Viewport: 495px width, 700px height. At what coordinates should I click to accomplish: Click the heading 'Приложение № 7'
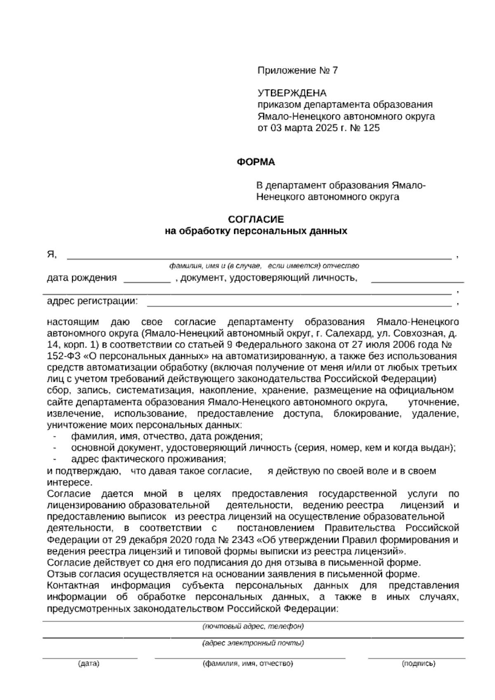click(297, 71)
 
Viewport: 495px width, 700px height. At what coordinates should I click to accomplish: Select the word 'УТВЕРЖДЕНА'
click(292, 93)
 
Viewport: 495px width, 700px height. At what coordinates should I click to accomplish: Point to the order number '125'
click(372, 128)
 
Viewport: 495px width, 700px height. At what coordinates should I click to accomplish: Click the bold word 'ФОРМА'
click(256, 162)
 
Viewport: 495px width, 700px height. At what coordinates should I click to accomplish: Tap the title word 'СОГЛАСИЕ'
click(256, 219)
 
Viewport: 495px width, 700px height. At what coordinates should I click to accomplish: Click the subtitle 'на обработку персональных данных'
click(256, 231)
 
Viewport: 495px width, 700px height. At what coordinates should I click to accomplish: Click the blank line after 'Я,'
click(259, 258)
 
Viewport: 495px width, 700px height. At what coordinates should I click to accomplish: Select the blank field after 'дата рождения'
click(147, 281)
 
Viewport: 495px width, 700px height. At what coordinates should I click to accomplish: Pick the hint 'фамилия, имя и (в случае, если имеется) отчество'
click(264, 266)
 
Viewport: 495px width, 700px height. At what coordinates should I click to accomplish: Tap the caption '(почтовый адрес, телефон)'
click(253, 627)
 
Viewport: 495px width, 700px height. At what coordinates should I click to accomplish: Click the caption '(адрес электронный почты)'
click(253, 643)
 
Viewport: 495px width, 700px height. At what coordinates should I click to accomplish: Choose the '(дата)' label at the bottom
click(89, 664)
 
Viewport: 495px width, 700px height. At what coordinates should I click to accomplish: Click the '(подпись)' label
click(418, 664)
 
